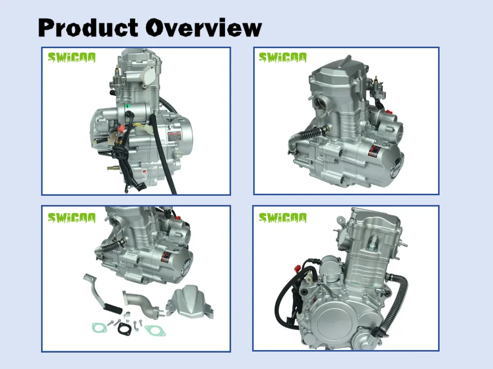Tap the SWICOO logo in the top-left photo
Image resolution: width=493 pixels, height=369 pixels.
(71, 58)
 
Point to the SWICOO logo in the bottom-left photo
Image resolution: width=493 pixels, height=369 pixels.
(71, 218)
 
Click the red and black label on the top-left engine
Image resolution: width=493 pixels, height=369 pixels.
(175, 137)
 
